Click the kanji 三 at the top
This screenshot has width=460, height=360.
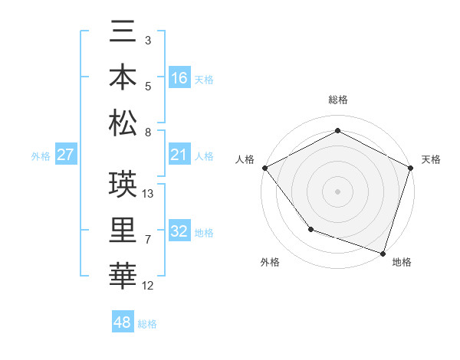tap(123, 34)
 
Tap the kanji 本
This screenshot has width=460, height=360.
tap(123, 77)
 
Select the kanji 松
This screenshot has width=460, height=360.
tap(123, 123)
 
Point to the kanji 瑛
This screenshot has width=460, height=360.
tap(123, 185)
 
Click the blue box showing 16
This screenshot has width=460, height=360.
tap(179, 77)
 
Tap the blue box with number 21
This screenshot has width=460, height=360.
tap(179, 155)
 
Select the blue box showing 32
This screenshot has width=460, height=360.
tap(179, 232)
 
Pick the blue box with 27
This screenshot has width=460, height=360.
tap(66, 155)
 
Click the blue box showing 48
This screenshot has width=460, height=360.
tap(123, 322)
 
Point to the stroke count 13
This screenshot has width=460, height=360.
tap(149, 194)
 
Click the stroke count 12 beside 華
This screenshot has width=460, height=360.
tap(149, 286)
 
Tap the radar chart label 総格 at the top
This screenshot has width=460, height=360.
tap(338, 100)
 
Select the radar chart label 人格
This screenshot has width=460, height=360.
tap(245, 159)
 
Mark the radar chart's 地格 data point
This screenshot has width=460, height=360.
tap(383, 253)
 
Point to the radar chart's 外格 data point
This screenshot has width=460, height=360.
tap(310, 229)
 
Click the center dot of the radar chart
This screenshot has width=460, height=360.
tap(338, 191)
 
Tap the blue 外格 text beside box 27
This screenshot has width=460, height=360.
tap(41, 156)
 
